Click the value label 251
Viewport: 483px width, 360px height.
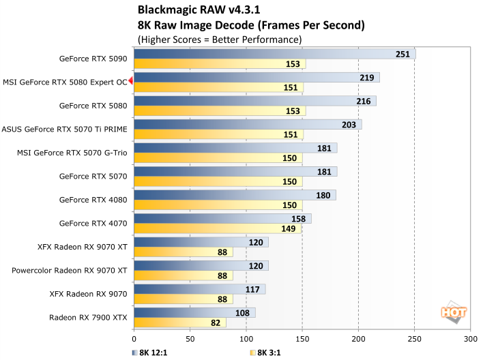coord(404,54)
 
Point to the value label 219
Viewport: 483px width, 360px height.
coord(367,78)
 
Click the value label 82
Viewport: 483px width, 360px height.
coord(216,322)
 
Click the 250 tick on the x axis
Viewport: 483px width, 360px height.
coord(414,338)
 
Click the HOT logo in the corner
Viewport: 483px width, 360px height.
coord(454,313)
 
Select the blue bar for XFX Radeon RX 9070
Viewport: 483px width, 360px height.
coord(198,289)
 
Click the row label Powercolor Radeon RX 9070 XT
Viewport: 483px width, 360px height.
coord(70,270)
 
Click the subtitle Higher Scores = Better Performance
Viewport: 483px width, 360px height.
coord(219,40)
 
